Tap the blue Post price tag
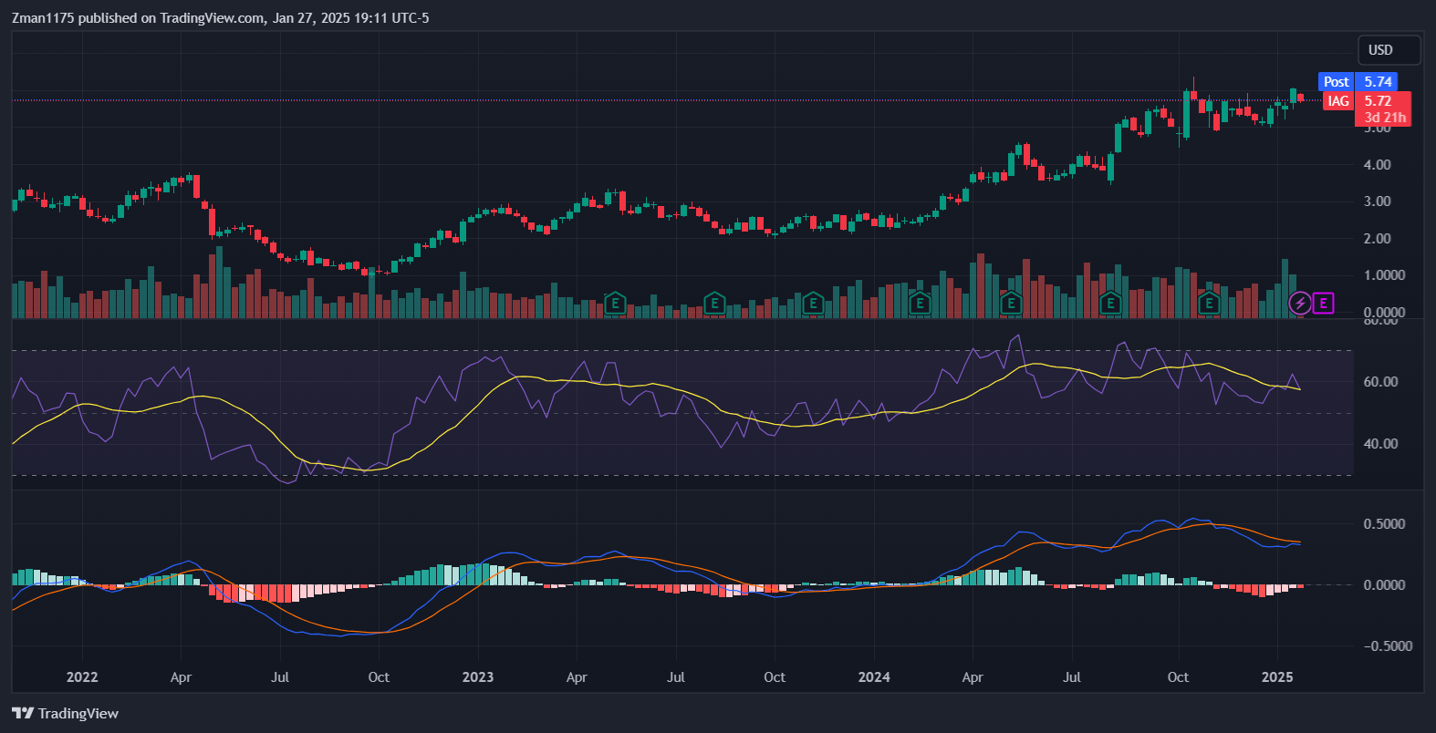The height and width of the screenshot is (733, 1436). [1336, 82]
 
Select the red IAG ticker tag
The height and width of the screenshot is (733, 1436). [1337, 101]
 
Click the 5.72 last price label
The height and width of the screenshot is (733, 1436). [1378, 101]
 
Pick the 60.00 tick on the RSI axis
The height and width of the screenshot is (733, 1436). [1380, 382]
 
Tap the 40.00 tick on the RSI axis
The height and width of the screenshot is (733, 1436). [1380, 444]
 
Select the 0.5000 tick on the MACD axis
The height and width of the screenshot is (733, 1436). [1384, 524]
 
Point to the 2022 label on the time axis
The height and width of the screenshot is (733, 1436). [82, 677]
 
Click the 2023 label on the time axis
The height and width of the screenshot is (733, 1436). [478, 677]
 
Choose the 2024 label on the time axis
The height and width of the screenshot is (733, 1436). [874, 677]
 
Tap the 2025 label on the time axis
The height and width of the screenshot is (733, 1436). [1277, 677]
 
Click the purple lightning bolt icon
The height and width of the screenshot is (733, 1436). [1300, 303]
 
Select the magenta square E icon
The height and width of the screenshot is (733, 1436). [1323, 303]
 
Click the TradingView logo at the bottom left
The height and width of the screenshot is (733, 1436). [65, 714]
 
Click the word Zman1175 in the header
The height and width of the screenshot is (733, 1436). [43, 18]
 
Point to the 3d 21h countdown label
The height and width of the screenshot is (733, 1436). [1385, 118]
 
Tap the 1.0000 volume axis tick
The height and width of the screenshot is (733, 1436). [1384, 275]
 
